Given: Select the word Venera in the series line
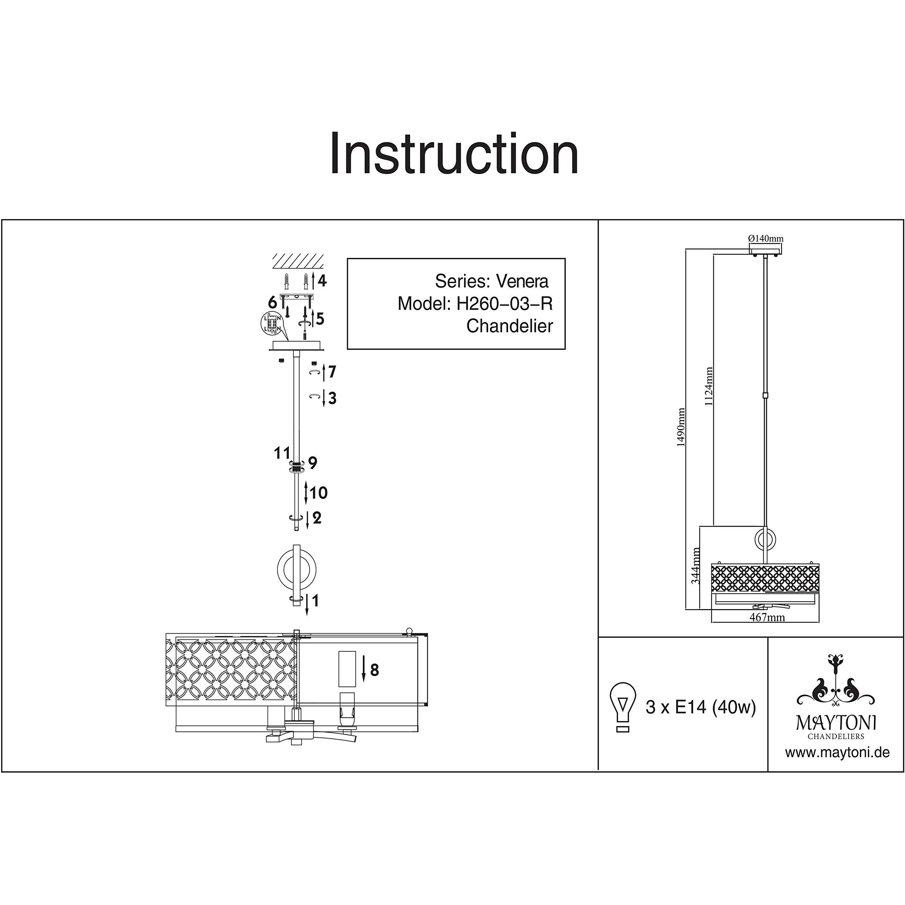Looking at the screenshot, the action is (522, 281).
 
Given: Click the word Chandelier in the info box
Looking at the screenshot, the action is (510, 326).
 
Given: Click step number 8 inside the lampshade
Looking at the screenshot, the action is (374, 670).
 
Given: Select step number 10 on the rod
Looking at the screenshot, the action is (318, 493).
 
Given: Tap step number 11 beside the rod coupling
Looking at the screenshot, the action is (282, 453).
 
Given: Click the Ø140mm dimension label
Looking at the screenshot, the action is (766, 238).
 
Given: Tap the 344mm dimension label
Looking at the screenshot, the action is (696, 565).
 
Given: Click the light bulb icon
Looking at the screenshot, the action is (623, 707).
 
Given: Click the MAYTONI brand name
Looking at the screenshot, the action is (836, 723).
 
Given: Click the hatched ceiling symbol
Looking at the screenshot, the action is (298, 261).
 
